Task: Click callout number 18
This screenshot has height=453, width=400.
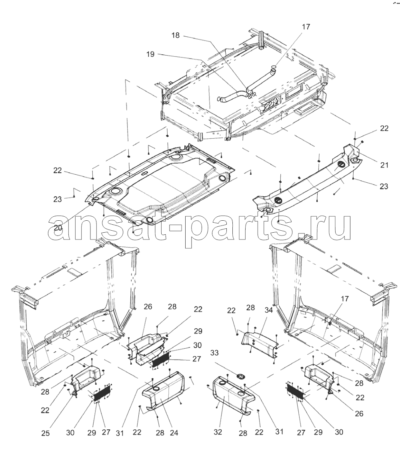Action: tap(176, 35)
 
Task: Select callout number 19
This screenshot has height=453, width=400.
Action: tap(150, 54)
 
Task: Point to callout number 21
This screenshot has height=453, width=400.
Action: tap(384, 165)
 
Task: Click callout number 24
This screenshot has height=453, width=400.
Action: tap(174, 433)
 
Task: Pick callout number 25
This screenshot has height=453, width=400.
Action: tap(45, 433)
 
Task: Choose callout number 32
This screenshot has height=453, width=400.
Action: tap(218, 432)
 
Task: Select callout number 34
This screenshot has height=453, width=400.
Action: tap(268, 310)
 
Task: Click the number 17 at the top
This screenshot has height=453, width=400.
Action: tap(306, 26)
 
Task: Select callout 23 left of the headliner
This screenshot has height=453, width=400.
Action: tap(58, 199)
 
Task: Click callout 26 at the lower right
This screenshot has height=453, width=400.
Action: tap(359, 413)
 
